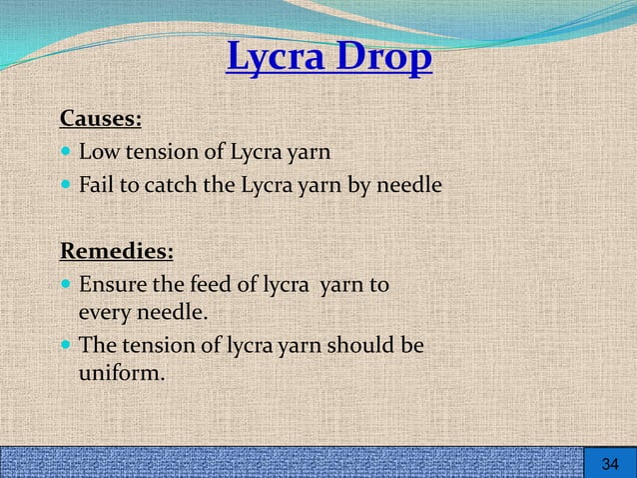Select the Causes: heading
click(x=101, y=119)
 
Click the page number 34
click(x=610, y=464)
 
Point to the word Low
click(x=97, y=153)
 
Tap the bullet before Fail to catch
click(x=66, y=186)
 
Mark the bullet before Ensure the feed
click(x=66, y=285)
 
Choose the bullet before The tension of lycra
click(x=66, y=347)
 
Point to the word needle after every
click(x=172, y=313)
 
